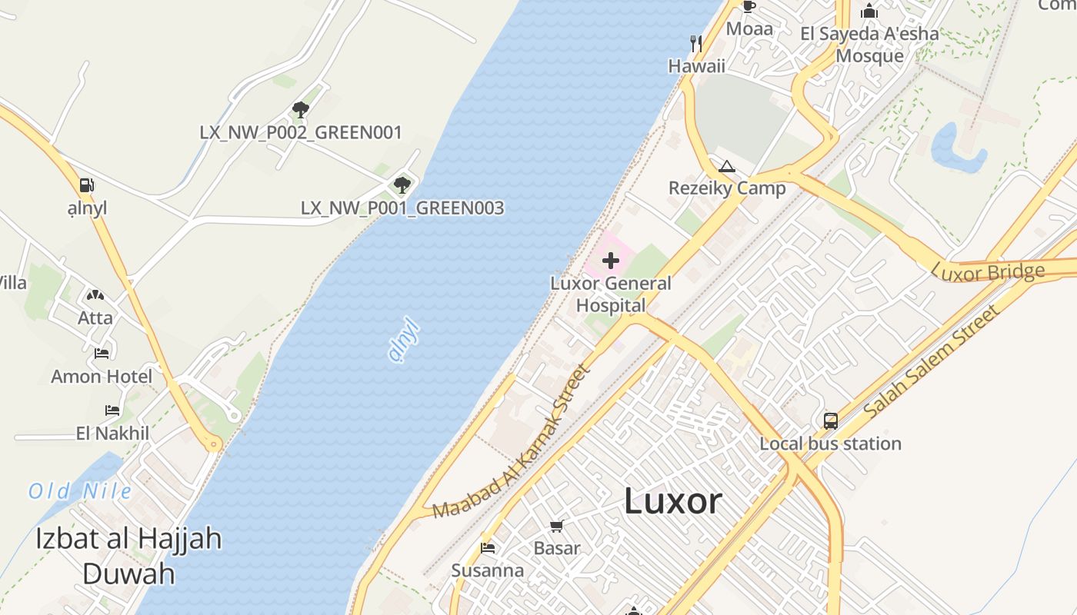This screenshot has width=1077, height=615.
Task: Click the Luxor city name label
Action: coord(672,501)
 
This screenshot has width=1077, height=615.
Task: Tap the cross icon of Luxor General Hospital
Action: coord(611,261)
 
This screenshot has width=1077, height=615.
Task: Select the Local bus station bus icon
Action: coord(831,421)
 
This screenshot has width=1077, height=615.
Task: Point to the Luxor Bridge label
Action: coord(988,271)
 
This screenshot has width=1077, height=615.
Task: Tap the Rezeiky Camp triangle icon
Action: coord(726,166)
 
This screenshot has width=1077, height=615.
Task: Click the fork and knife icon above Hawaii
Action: coord(697,43)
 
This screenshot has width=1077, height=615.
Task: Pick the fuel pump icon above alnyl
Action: coord(87,185)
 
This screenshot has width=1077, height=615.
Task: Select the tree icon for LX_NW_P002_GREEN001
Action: coord(301,109)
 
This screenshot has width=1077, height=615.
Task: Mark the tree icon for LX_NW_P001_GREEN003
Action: coord(402,184)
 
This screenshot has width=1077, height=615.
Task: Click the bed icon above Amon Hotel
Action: coord(102,354)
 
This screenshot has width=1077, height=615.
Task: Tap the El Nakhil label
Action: coord(112,434)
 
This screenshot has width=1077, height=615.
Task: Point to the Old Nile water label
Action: coord(80,491)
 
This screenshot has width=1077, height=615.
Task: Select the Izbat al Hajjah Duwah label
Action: coord(128,556)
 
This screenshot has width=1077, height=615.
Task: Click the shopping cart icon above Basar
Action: coord(557,527)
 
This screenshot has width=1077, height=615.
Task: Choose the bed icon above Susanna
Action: coord(488,548)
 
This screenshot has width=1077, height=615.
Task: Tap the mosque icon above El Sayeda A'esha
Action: coord(869,12)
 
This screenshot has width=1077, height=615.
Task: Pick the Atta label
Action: coord(95,317)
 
